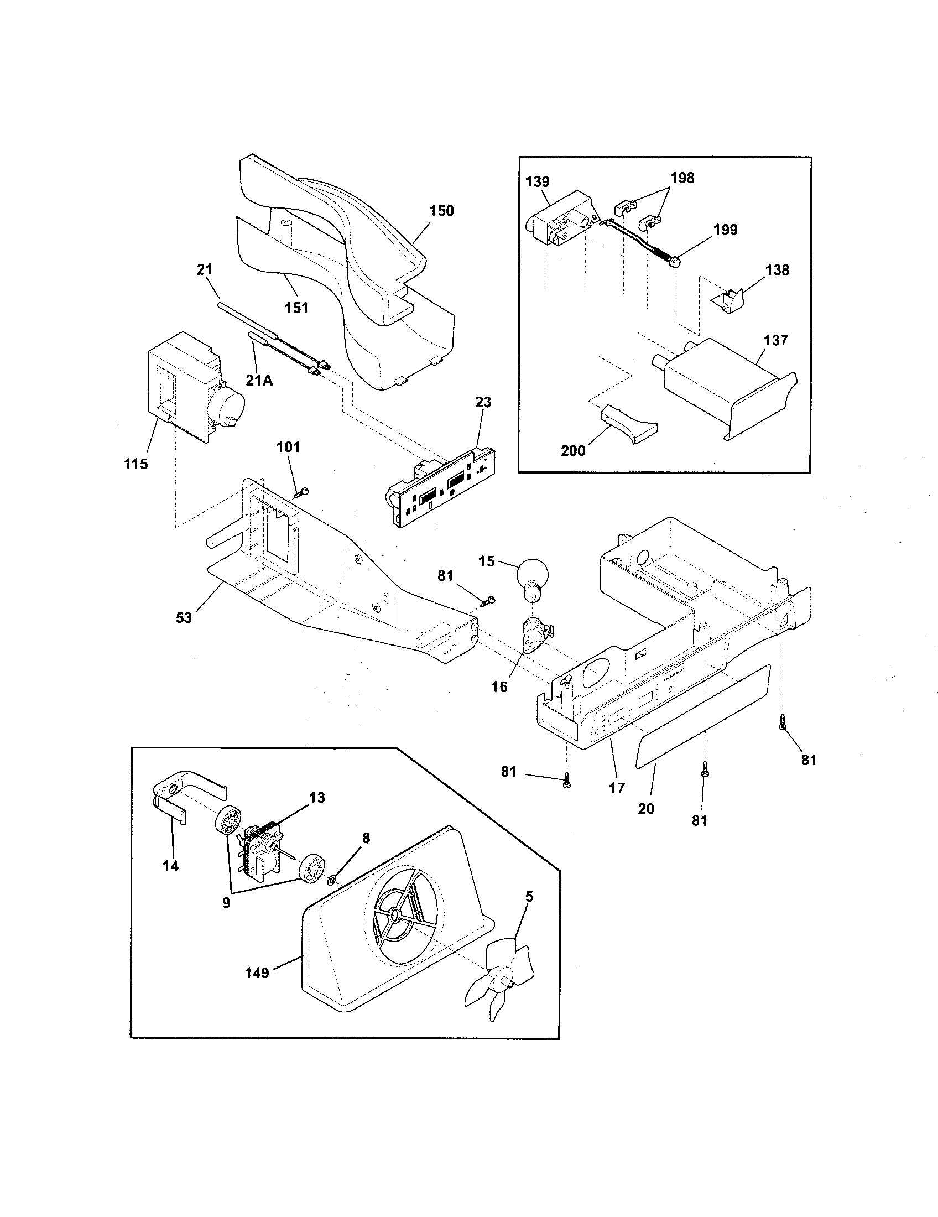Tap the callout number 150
coord(441,211)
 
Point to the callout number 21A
coord(259,381)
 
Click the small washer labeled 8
coord(332,880)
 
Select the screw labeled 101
coord(302,491)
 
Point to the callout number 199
coord(725,230)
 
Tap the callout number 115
coord(136,464)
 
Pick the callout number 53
coord(184,617)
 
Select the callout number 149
coord(257,973)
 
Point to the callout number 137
coord(776,340)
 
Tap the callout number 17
coord(617,788)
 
